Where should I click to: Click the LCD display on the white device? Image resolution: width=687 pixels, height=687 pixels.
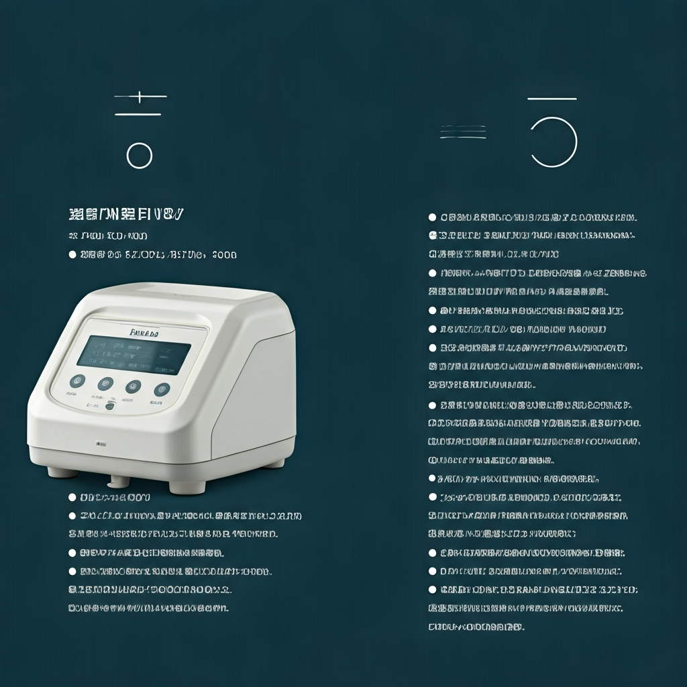click(x=134, y=354)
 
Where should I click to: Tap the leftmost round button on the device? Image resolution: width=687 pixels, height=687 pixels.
click(x=78, y=380)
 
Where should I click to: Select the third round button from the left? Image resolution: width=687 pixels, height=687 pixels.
click(x=134, y=386)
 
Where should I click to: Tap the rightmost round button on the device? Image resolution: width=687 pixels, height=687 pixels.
click(x=162, y=390)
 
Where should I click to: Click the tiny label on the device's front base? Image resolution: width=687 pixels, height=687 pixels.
click(x=101, y=443)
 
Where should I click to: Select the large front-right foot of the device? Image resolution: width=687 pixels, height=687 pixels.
click(x=182, y=485)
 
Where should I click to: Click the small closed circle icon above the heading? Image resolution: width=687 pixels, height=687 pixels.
click(x=139, y=156)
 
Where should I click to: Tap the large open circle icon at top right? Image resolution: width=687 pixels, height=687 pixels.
click(x=553, y=142)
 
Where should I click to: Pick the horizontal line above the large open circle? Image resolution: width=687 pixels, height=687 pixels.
click(x=552, y=99)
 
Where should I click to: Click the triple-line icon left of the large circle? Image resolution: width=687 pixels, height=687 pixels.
click(x=463, y=132)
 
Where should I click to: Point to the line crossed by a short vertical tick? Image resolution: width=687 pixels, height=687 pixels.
click(x=140, y=97)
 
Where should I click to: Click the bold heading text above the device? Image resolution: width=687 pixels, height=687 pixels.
click(x=126, y=215)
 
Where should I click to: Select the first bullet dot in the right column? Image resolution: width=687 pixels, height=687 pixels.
click(x=433, y=217)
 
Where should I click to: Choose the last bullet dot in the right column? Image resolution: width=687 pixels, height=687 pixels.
click(x=433, y=590)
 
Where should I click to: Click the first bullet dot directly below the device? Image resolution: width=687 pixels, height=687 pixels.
click(x=72, y=497)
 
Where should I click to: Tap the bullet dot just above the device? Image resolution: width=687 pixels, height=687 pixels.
click(x=72, y=255)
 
